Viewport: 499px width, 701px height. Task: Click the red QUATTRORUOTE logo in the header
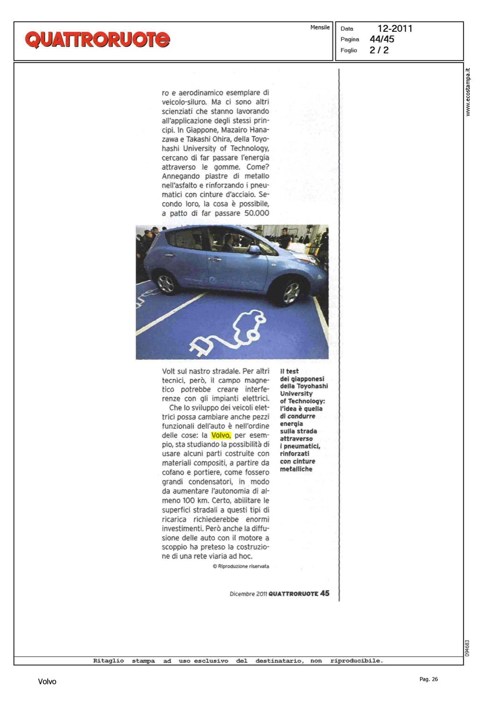[x=97, y=40]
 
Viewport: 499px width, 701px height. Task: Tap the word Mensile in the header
[x=320, y=28]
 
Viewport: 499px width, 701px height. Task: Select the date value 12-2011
[x=395, y=29]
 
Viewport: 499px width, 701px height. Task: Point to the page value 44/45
[x=382, y=39]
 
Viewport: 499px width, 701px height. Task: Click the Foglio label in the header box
[x=349, y=50]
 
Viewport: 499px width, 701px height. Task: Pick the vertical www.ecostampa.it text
[x=468, y=92]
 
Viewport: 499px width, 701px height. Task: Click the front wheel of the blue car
[x=291, y=293]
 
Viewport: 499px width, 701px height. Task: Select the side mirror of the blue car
[x=254, y=250]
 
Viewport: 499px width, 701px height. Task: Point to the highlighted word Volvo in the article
[x=221, y=436]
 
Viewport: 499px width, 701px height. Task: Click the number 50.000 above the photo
[x=257, y=214]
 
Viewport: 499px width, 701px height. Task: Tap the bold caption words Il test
[x=289, y=371]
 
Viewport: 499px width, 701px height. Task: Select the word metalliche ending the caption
[x=296, y=469]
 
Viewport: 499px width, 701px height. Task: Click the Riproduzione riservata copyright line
[x=241, y=566]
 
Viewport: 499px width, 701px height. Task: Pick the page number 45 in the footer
[x=325, y=594]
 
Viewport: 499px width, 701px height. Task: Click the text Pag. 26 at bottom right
[x=429, y=680]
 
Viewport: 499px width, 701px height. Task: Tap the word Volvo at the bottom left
[x=47, y=682]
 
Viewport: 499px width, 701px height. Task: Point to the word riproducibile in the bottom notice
[x=356, y=661]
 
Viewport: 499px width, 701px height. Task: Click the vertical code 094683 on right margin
[x=467, y=648]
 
